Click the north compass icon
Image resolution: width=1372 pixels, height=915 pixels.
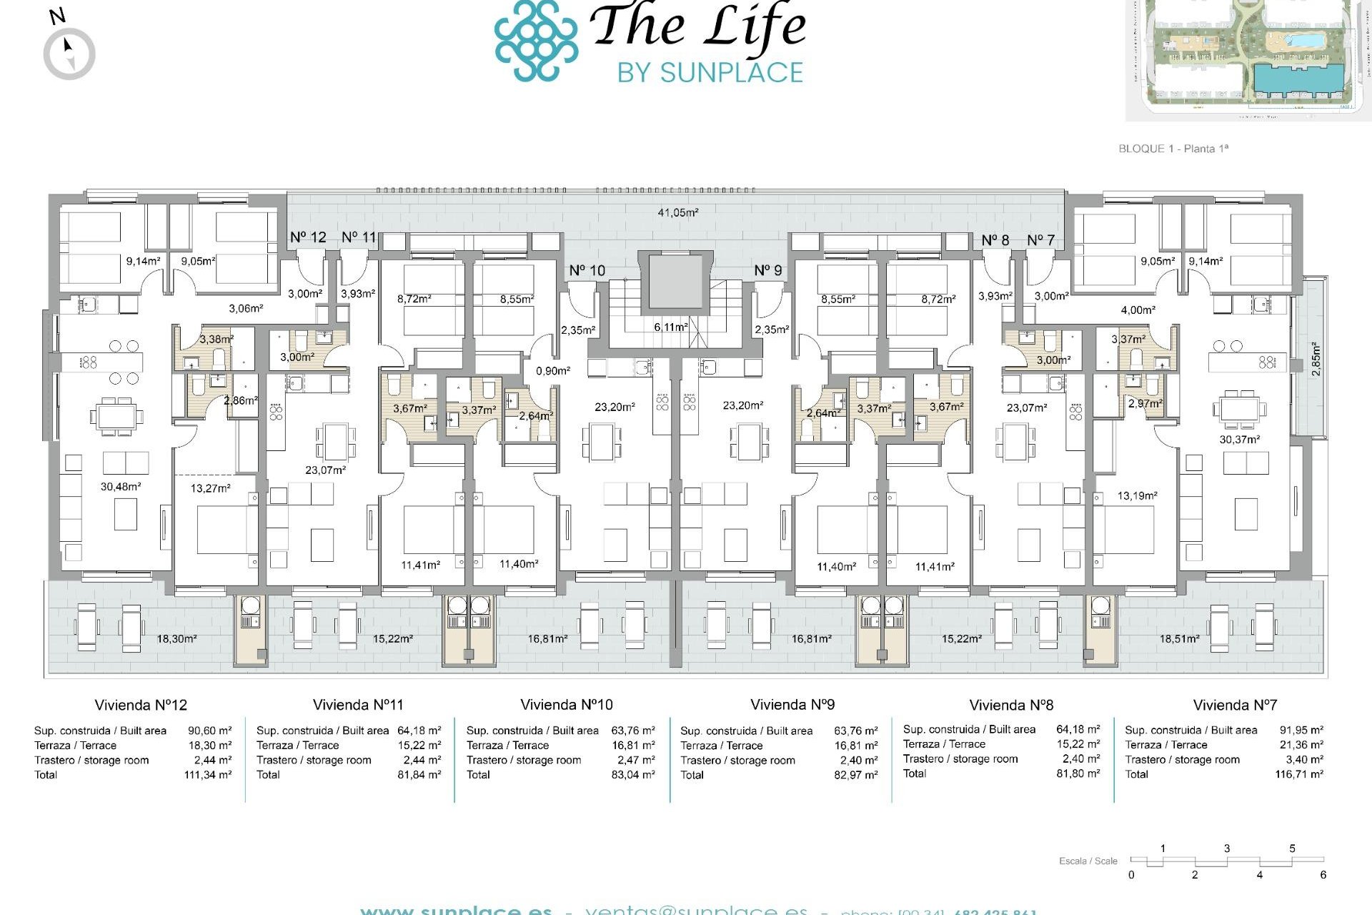(x=69, y=53)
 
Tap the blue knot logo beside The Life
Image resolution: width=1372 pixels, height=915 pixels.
(x=536, y=40)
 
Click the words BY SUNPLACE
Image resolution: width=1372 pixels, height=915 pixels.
(x=710, y=72)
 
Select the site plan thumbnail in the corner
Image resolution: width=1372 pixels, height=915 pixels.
(x=1248, y=59)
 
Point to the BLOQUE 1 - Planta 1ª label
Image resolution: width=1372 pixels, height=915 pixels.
(x=1173, y=149)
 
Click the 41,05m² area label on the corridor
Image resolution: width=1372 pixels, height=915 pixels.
(x=677, y=212)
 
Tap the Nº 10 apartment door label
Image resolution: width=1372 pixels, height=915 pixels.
(x=587, y=270)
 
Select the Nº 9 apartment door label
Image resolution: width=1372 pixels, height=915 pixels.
(x=768, y=270)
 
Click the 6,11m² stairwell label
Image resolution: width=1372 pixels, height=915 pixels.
(x=670, y=327)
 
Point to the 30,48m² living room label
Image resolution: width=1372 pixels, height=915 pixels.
(x=120, y=487)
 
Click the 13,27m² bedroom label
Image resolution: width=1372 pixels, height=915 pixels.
(x=210, y=488)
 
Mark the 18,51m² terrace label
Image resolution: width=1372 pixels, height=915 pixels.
(x=1179, y=639)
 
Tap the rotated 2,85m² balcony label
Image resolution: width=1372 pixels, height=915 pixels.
(x=1316, y=359)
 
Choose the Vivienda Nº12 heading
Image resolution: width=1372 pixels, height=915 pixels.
(x=141, y=705)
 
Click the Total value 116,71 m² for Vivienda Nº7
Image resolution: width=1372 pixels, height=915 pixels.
(x=1298, y=774)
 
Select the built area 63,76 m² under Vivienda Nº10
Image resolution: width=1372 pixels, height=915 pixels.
(x=632, y=731)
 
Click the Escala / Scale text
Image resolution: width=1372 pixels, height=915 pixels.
(x=1088, y=861)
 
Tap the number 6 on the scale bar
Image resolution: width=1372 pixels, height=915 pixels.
(x=1323, y=875)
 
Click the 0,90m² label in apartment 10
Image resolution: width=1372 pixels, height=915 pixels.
(x=553, y=371)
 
